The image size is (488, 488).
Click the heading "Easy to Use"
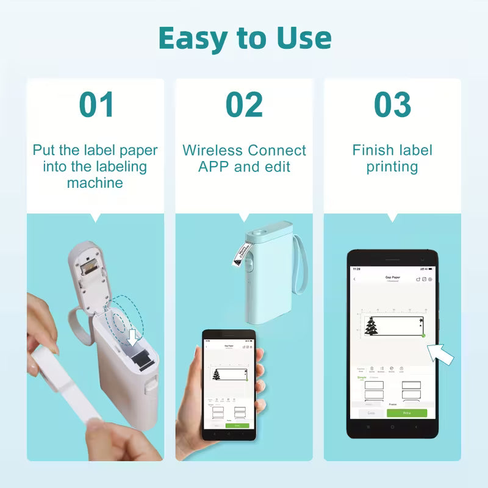[x=244, y=38]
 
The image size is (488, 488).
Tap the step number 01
[x=96, y=104]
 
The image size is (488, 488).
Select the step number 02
[x=244, y=104]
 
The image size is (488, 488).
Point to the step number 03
[x=392, y=104]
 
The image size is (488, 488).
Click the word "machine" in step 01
[x=95, y=183]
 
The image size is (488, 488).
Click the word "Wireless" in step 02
[x=210, y=151]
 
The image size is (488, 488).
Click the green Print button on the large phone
[x=407, y=413]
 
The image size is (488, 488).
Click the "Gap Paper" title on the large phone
[x=392, y=278]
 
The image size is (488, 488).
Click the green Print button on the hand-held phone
[x=237, y=425]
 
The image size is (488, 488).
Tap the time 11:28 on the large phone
[x=356, y=268]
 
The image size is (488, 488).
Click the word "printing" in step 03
[x=392, y=167]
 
